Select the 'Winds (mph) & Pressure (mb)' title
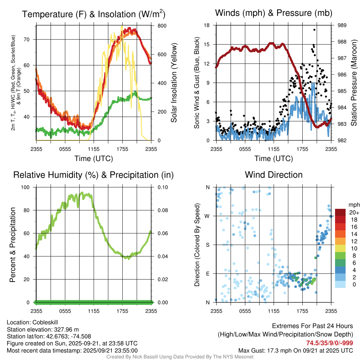[x=274, y=13]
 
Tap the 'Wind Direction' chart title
[x=274, y=175]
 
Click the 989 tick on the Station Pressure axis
[x=342, y=25]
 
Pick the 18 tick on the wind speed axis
[x=207, y=25]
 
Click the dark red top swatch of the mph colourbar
[x=340, y=212]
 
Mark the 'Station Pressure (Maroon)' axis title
[x=354, y=83]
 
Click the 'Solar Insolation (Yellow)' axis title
[x=174, y=83]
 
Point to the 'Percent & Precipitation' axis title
[x=12, y=245]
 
